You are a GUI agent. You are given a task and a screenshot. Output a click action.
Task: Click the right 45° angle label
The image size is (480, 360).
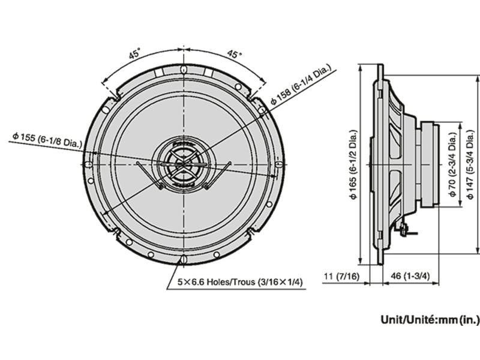click(234, 54)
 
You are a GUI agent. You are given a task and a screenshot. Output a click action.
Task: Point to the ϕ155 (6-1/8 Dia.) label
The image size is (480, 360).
click(47, 138)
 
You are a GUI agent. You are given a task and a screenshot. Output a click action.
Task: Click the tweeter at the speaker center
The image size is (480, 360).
click(182, 163)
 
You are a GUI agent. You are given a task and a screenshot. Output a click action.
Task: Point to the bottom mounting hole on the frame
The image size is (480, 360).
click(182, 260)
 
